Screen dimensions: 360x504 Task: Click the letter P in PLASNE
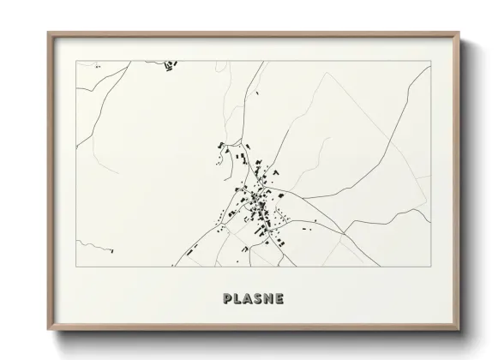[x=227, y=299]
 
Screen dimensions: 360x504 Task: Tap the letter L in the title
[x=238, y=299]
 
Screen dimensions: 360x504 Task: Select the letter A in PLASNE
[x=249, y=299]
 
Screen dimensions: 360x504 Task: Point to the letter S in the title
[x=260, y=299]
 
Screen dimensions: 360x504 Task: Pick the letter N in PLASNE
[x=271, y=299]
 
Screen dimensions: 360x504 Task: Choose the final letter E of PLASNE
[x=281, y=299]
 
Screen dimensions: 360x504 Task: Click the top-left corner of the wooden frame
[x=47, y=33]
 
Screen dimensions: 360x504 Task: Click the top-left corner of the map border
[x=77, y=62]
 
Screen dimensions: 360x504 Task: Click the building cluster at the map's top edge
[x=169, y=63]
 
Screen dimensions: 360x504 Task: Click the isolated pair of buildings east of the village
[x=315, y=222]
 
